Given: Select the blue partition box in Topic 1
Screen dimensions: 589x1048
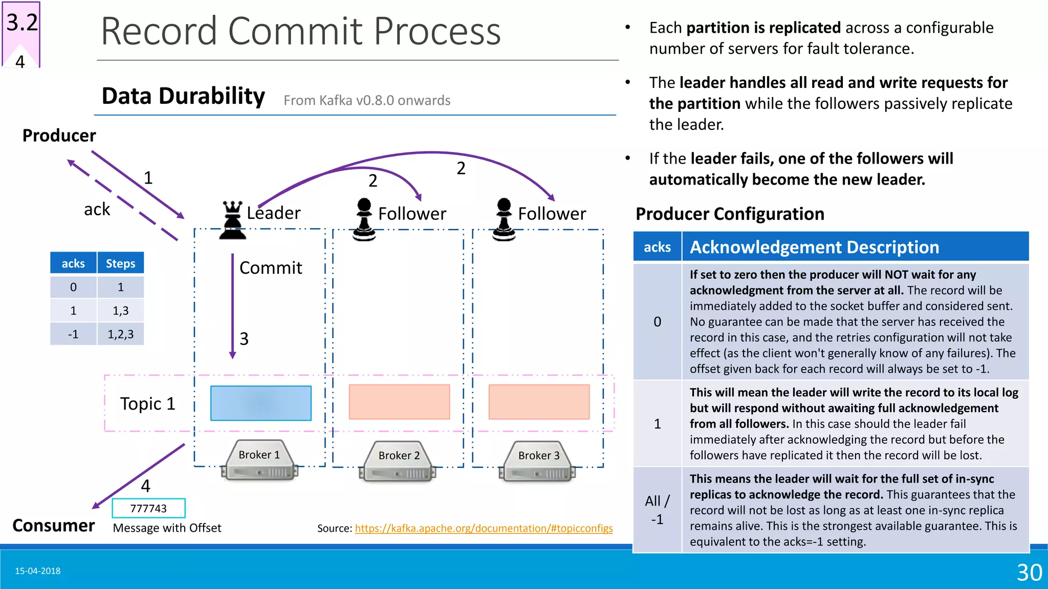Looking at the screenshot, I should click(260, 403).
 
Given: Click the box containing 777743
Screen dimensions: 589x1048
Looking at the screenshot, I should click(148, 508).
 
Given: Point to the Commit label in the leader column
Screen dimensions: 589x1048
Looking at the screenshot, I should click(271, 268).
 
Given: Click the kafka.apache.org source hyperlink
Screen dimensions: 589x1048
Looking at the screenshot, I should click(484, 528).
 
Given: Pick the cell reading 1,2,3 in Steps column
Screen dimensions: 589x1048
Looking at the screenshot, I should click(120, 334).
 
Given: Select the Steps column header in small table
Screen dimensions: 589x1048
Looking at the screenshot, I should click(120, 263).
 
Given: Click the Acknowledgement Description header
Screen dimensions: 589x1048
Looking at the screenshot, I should click(814, 247).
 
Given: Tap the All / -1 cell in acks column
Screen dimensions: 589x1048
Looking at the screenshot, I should click(657, 510).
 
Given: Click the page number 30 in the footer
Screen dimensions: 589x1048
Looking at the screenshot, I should click(1029, 572).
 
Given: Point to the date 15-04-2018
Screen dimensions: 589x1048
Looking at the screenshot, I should click(37, 571).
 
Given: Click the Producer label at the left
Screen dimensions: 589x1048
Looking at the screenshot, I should click(59, 136).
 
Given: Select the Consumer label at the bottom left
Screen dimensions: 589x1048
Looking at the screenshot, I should click(53, 526).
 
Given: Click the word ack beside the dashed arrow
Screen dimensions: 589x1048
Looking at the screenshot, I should click(97, 209).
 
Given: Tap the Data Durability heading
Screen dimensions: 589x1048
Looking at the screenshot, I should click(183, 96).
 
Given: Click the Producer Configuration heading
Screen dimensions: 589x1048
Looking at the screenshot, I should click(730, 214).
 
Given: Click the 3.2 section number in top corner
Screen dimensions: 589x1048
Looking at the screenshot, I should click(22, 23).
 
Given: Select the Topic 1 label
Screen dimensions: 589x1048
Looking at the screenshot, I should click(147, 404).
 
